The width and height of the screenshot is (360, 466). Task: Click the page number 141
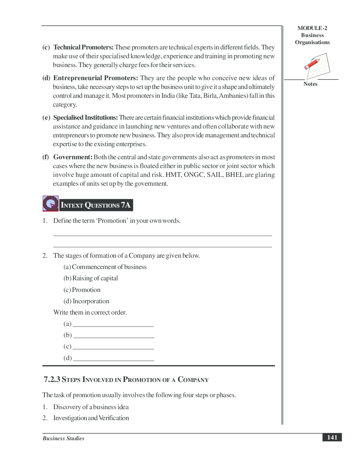tap(332, 437)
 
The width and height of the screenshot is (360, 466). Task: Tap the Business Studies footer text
tap(64, 438)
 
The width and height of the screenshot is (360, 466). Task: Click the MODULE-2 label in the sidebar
tap(312, 28)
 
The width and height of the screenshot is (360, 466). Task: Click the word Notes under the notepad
tap(310, 84)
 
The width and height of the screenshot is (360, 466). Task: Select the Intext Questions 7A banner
tap(96, 205)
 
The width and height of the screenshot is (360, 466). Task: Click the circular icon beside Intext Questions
tap(50, 203)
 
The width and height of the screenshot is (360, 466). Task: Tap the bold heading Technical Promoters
tap(83, 47)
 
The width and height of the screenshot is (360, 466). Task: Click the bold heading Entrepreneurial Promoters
tap(95, 78)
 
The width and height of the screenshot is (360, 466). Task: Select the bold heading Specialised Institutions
tap(85, 118)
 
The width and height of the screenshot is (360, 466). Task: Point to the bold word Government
tap(73, 157)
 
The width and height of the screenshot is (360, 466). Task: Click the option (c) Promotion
tap(82, 290)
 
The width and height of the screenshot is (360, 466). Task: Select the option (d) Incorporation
tap(86, 301)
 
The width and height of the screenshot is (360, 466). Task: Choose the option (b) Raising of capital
tap(91, 278)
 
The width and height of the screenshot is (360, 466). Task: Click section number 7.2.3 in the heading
tap(52, 380)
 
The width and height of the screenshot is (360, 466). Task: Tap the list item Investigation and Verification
tap(91, 418)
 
